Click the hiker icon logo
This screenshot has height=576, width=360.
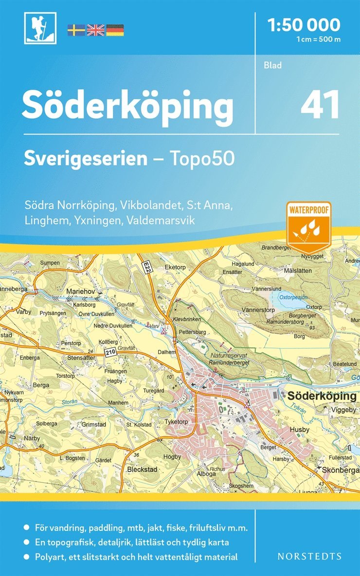tap(40, 28)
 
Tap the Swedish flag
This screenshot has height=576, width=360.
tap(76, 30)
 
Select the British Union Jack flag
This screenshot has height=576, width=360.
tap(95, 30)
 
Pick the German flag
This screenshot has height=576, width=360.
tap(115, 30)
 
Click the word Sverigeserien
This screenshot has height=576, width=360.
tap(86, 159)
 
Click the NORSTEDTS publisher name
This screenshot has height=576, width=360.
tap(309, 556)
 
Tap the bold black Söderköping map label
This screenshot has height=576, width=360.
tap(322, 396)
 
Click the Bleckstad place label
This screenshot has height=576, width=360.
tap(142, 469)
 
